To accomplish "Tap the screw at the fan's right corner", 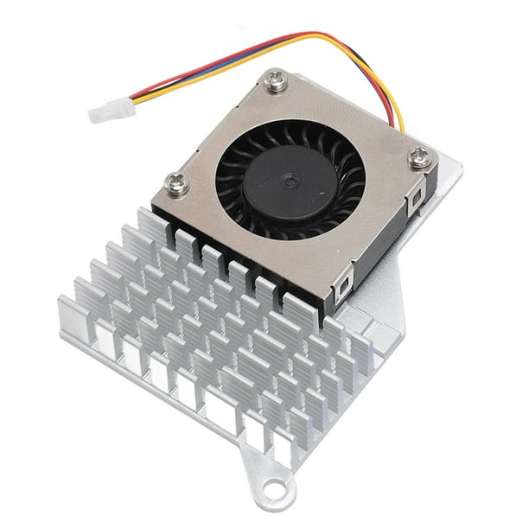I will click(x=420, y=157).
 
